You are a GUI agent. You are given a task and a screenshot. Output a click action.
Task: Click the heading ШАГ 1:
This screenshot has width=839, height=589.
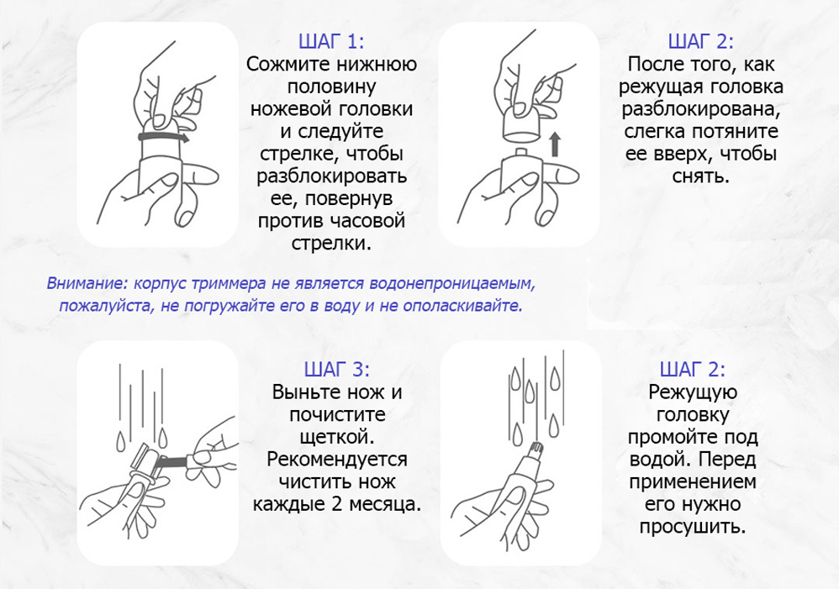331,42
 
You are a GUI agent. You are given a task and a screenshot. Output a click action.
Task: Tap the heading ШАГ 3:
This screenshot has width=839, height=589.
336,370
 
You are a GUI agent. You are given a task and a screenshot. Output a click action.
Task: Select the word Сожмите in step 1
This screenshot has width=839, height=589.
288,64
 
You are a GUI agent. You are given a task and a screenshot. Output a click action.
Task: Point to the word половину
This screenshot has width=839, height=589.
332,87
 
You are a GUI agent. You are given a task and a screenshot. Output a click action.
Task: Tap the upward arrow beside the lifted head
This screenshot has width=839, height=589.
555,145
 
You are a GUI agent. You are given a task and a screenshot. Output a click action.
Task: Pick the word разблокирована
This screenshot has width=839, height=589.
701,110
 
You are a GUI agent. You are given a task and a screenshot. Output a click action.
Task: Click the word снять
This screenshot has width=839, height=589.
701,176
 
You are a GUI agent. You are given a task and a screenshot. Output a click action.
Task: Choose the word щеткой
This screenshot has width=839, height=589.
336,438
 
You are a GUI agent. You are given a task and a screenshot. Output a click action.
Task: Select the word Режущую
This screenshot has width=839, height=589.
693,392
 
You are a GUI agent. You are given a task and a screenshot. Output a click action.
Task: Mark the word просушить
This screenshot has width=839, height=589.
693,527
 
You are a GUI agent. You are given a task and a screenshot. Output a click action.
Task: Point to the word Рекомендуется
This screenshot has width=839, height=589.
336,460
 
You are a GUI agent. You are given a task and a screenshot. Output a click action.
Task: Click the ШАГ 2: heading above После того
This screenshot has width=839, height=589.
701,42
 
